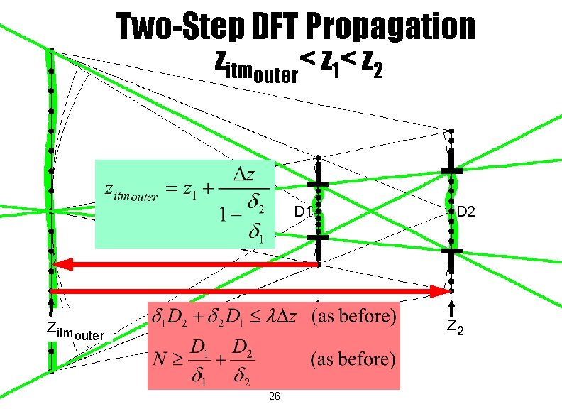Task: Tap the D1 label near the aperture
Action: pos(302,212)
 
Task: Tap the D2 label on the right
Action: pos(466,212)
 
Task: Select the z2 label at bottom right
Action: pos(456,327)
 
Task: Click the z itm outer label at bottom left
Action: pos(75,331)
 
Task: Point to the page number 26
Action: pos(275,396)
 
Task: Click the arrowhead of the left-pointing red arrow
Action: pos(60,265)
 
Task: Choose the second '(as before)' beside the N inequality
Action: pos(353,359)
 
